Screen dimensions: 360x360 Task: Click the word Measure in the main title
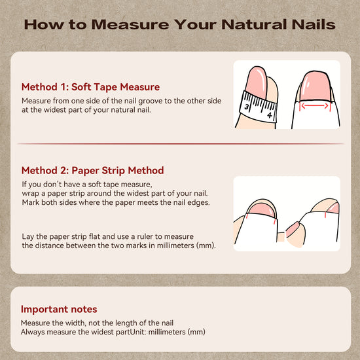coord(130,24)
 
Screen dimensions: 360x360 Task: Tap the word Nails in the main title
coord(314,24)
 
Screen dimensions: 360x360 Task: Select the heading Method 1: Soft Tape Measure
coord(91,87)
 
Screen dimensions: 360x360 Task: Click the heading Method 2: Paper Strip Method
coord(92,171)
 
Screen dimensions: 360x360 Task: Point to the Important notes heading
coord(59,309)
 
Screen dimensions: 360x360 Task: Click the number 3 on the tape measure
coord(246,107)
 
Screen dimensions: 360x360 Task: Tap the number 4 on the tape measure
coord(270,115)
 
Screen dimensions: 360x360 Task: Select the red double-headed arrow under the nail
coord(315,106)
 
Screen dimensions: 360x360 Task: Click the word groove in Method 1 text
coord(151,101)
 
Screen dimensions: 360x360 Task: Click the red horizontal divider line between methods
coord(181,144)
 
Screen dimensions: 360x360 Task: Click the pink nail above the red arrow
coord(315,85)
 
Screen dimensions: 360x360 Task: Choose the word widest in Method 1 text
coord(54,110)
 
